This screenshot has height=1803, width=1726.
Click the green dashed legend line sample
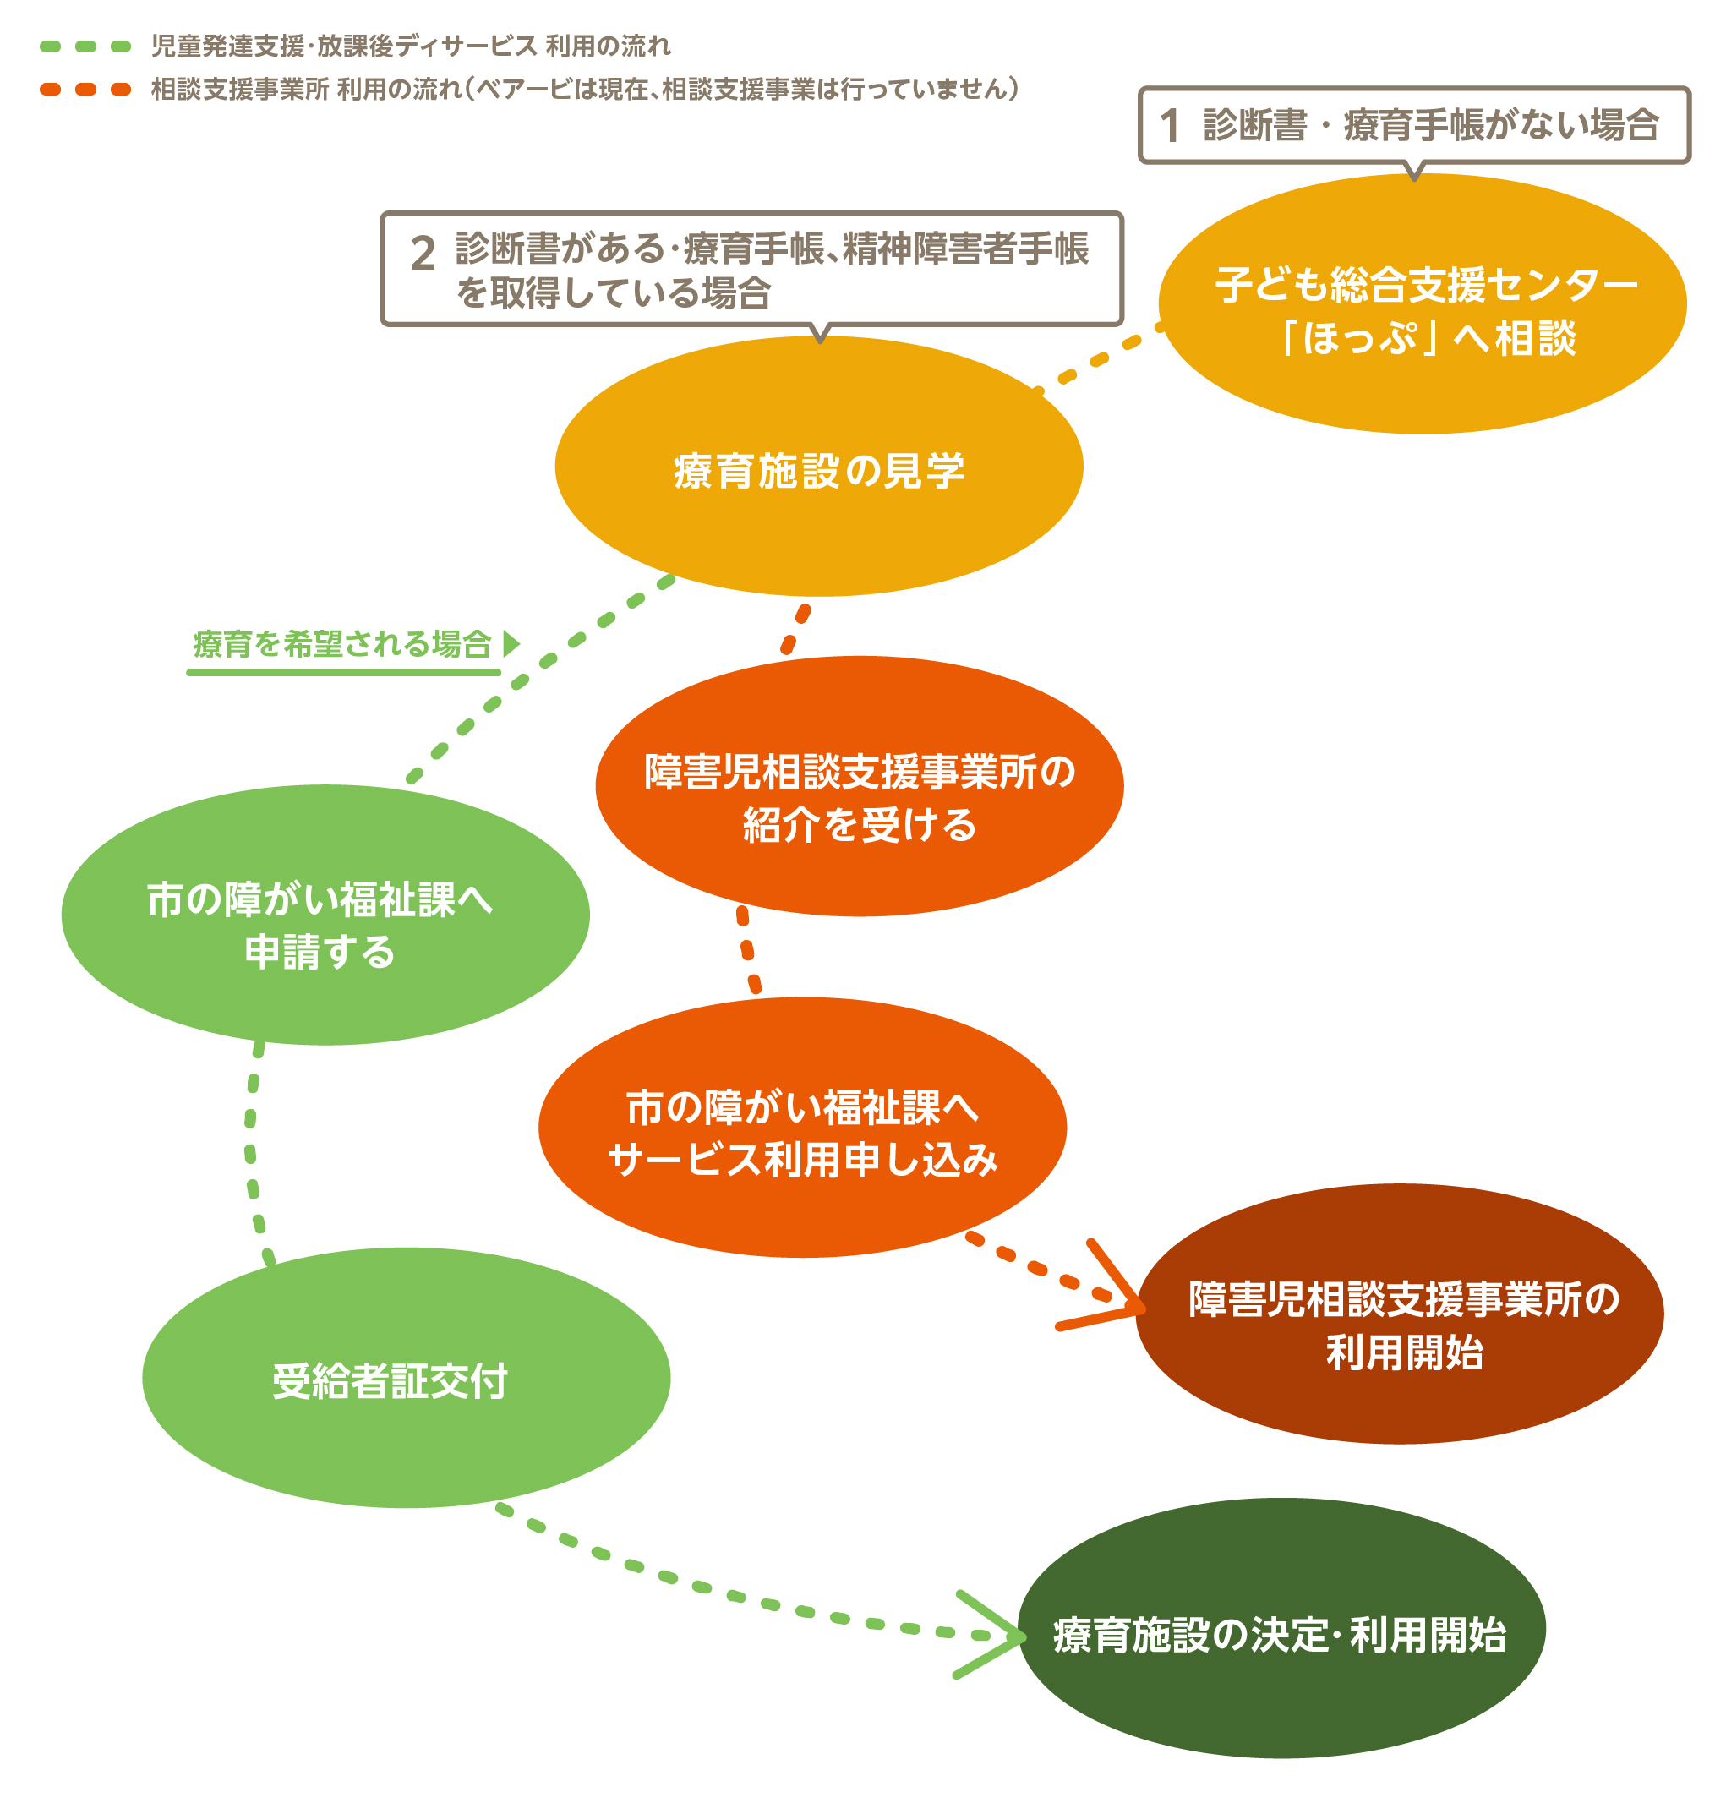[x=85, y=46]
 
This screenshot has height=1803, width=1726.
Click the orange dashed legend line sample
[x=85, y=90]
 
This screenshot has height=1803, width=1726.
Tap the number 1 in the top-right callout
[x=1169, y=126]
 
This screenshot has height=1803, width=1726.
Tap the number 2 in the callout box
[x=423, y=253]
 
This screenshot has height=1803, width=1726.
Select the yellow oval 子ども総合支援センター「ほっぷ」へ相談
[x=1423, y=304]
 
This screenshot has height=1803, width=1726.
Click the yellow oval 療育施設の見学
[x=819, y=467]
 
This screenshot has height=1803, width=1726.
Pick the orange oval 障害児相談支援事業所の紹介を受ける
[x=860, y=786]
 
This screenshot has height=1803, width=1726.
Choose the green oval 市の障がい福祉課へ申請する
[x=325, y=915]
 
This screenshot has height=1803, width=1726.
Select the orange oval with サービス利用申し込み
[x=802, y=1128]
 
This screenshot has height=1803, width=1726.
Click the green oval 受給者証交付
[x=406, y=1378]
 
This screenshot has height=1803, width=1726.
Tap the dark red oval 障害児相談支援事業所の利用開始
[x=1400, y=1314]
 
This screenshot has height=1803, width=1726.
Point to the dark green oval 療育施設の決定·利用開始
[x=1281, y=1628]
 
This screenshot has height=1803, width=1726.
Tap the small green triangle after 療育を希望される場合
[x=511, y=643]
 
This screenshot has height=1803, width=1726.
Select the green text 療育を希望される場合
[x=342, y=644]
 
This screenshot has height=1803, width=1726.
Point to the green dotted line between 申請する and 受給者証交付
[x=250, y=1150]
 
